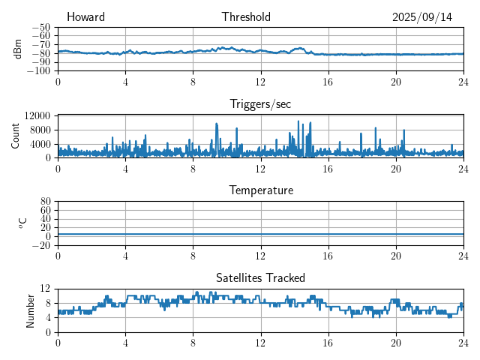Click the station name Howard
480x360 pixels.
tap(85, 17)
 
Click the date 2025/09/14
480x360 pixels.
tap(422, 17)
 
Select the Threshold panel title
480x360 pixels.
tap(246, 17)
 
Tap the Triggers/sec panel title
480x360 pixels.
tap(260, 104)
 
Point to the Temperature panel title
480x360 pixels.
tap(260, 190)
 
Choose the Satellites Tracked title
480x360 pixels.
tap(260, 277)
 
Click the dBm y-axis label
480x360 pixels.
tap(18, 49)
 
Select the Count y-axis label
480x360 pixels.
tap(15, 136)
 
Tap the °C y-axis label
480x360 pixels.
tap(22, 223)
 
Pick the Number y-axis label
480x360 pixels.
tap(31, 310)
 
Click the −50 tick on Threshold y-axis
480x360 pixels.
tap(40, 27)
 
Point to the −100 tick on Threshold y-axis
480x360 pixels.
tap(38, 70)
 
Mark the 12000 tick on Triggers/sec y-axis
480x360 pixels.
tap(37, 115)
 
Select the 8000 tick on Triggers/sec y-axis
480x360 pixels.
tap(40, 130)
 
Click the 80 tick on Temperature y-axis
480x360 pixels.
tap(45, 201)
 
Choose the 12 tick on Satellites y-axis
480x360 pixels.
tap(45, 289)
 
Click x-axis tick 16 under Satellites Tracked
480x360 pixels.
tap(328, 342)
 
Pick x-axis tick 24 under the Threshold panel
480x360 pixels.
tap(463, 81)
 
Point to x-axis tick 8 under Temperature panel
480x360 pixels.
tap(193, 255)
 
